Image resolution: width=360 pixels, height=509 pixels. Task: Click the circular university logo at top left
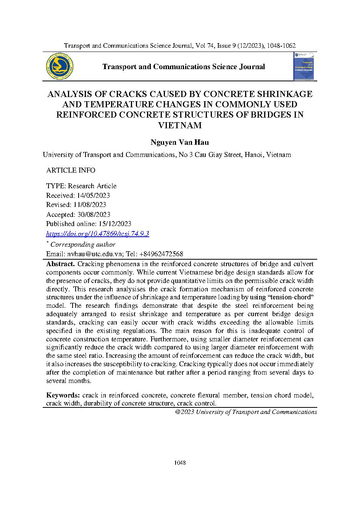[x=60, y=66]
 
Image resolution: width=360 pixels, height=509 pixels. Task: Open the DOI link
[x=97, y=234]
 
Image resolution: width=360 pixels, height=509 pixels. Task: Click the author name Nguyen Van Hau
[x=180, y=142]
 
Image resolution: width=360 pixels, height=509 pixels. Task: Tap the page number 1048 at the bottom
[x=180, y=463]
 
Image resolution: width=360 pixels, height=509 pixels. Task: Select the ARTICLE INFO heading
[x=71, y=170]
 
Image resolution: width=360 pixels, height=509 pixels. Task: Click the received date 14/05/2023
[x=93, y=196]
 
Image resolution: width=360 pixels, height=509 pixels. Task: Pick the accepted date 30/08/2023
[x=94, y=215]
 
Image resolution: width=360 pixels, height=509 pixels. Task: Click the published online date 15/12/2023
[x=114, y=224]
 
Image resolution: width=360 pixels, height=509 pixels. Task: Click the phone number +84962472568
[x=161, y=254]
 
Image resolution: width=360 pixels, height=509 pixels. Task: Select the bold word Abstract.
[x=60, y=264]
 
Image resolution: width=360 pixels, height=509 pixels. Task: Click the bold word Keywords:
[x=63, y=395]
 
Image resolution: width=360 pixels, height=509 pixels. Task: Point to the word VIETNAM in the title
[x=180, y=125]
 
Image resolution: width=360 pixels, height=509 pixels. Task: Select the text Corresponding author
[x=83, y=244]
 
